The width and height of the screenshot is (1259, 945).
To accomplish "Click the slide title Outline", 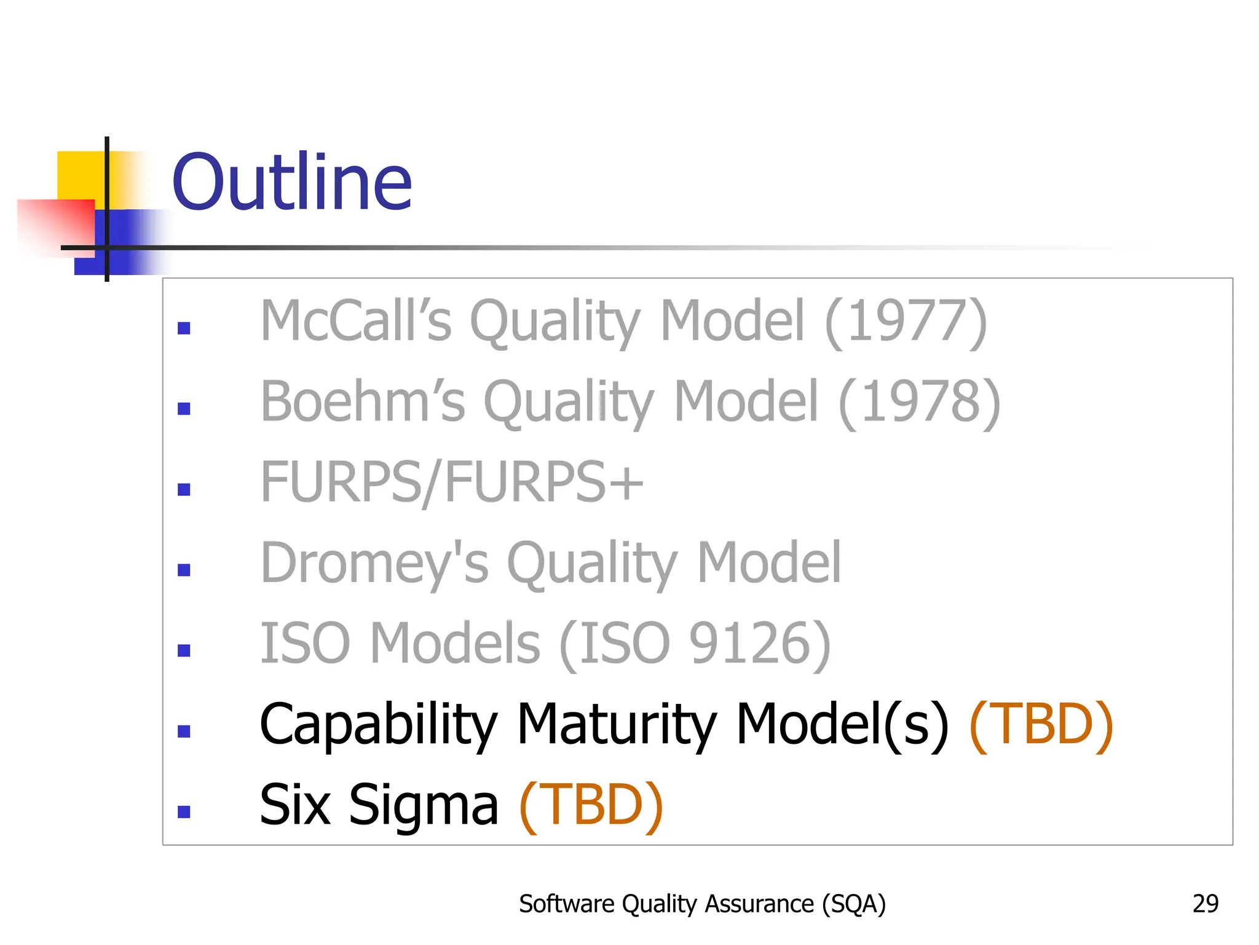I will [291, 183].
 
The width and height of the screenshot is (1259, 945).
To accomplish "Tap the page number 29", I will [1205, 904].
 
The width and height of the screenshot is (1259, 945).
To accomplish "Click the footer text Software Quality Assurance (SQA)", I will [702, 904].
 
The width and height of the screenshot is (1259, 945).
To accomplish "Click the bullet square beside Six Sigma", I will [184, 812].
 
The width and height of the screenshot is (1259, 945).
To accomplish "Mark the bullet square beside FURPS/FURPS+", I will [184, 490].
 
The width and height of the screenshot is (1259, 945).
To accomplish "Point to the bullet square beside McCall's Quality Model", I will [184, 329].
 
